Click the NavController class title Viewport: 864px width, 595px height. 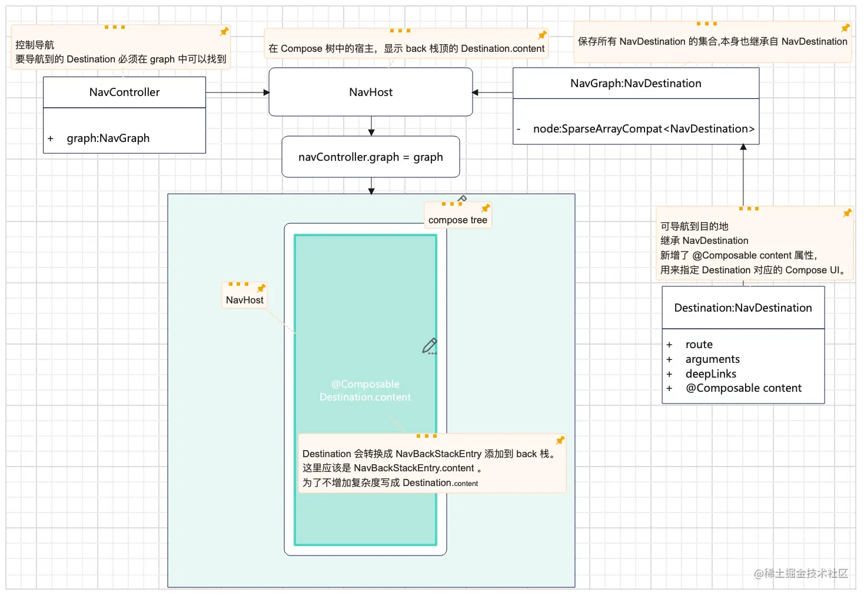coord(124,92)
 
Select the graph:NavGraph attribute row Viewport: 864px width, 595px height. coord(108,138)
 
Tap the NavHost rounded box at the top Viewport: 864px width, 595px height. coord(371,92)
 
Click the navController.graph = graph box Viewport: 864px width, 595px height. coord(370,157)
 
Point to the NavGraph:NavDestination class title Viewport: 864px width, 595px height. coord(636,84)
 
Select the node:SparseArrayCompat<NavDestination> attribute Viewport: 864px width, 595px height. coord(643,129)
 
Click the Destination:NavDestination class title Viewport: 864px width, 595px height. coord(743,308)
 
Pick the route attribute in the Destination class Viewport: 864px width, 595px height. coord(699,345)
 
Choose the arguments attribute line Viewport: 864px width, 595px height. coord(712,359)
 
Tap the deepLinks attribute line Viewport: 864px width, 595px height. coord(710,374)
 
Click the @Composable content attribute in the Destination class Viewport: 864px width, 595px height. coord(743,388)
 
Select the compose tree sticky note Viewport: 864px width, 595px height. coord(457,220)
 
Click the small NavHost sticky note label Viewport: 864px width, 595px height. coord(245,300)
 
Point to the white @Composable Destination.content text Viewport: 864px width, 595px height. coord(365,391)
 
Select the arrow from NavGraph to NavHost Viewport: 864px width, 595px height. coord(493,92)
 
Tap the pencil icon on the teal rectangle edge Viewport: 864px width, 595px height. coord(430,346)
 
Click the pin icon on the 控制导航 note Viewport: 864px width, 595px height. coord(224,32)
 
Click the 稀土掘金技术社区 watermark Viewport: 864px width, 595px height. coord(801,573)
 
